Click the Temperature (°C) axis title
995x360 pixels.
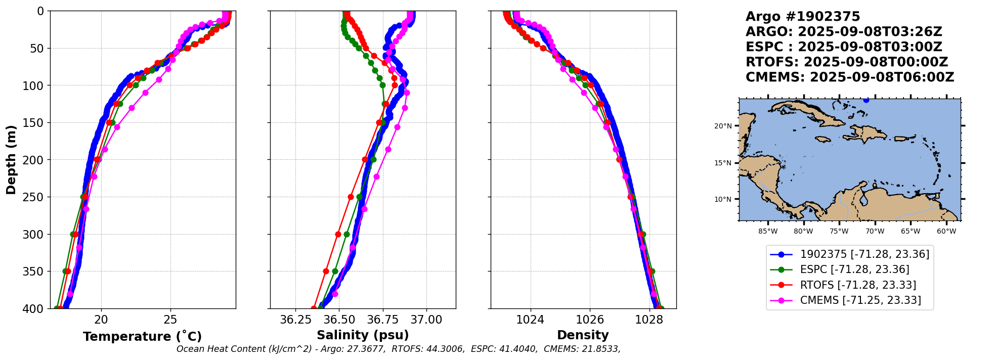142,337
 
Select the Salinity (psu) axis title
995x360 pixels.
363,335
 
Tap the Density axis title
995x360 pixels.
583,335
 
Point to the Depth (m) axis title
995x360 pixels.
11,160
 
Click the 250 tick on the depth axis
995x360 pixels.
35,197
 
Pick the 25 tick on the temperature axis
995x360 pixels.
170,320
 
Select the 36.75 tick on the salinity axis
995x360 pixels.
383,320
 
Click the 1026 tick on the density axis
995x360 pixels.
590,320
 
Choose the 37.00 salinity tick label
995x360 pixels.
426,320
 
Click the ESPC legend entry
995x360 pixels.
854,269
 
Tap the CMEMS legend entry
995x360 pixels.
860,300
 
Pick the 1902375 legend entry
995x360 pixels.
864,254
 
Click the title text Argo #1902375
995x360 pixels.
803,17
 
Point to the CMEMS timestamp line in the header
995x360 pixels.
850,77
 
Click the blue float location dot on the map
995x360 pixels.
866,100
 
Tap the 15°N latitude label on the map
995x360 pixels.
723,163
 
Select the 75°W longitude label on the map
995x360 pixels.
839,232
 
